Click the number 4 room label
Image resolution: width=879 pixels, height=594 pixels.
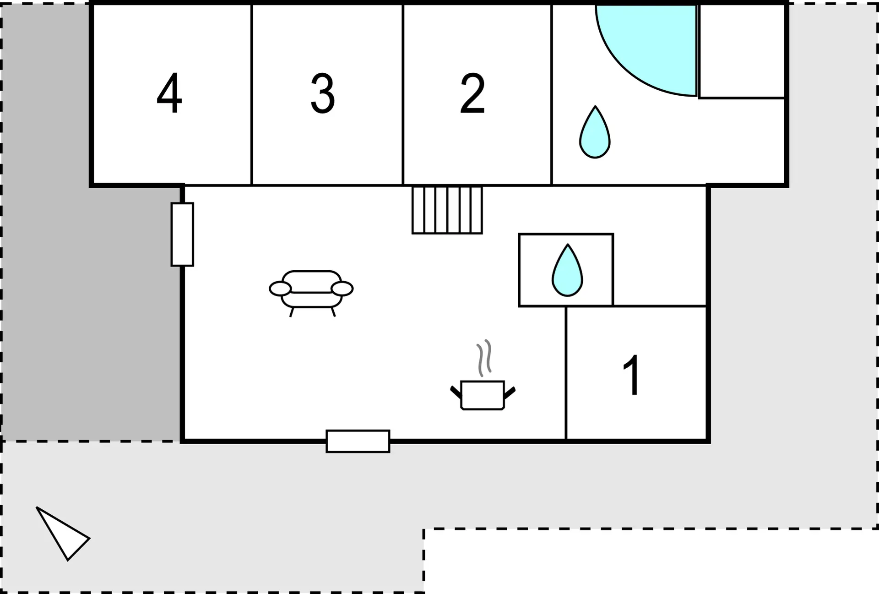(x=169, y=93)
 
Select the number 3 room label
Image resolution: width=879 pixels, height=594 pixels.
(x=323, y=93)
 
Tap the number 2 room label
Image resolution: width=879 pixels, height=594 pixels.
(x=472, y=93)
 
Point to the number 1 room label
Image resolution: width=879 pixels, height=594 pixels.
(x=632, y=375)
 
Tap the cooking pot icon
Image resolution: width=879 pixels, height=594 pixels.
(x=483, y=395)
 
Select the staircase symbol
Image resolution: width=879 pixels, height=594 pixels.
(x=447, y=210)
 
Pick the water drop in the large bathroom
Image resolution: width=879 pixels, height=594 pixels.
(x=595, y=132)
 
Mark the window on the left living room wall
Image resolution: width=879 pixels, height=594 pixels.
(x=182, y=234)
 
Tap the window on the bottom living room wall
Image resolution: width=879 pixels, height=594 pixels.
(x=358, y=441)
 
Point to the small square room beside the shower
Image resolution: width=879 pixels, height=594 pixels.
(x=742, y=51)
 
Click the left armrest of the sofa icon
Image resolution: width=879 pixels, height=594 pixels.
(x=280, y=289)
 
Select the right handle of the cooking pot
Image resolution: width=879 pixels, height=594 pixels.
(x=510, y=392)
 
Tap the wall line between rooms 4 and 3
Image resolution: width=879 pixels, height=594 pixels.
(x=252, y=95)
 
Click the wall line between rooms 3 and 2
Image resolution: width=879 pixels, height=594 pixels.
(x=403, y=95)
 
